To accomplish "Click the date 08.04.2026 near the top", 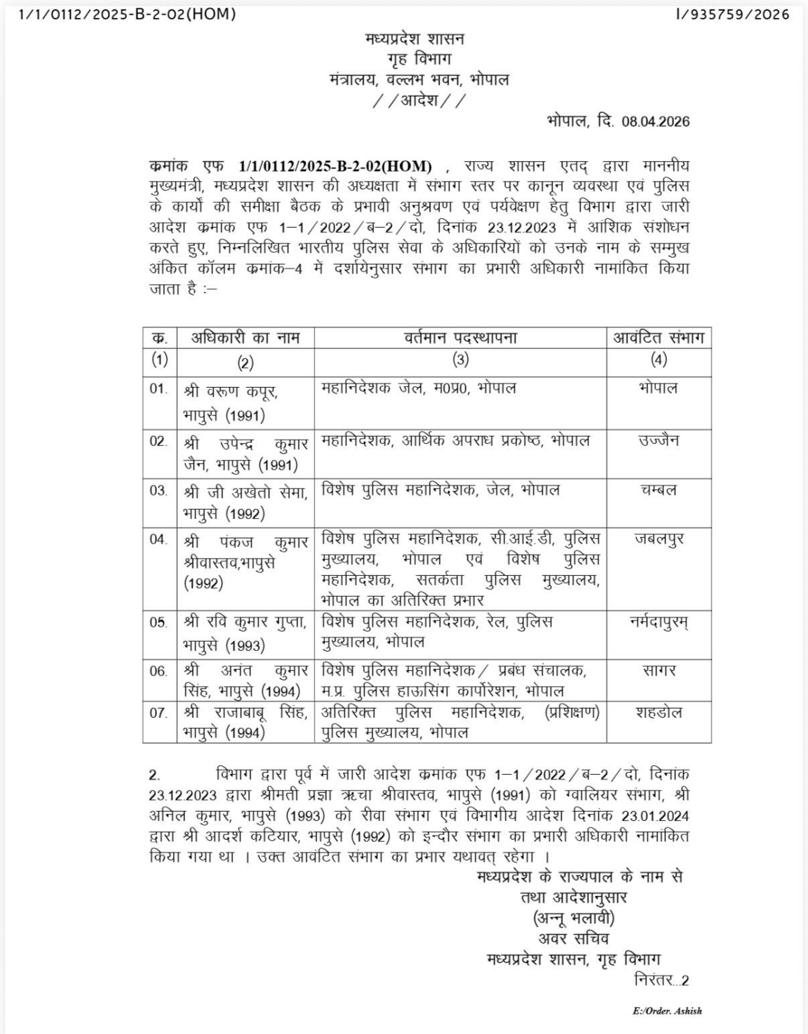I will click(655, 121).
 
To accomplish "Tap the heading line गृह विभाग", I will click(419, 60).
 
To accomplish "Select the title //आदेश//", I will click(419, 100).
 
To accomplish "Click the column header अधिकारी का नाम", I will click(246, 338).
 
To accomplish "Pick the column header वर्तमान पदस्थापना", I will click(460, 338).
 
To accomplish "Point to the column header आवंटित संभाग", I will click(659, 338).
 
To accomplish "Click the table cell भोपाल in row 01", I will click(659, 388).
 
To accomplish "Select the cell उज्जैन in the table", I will click(659, 441).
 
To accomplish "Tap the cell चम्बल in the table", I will click(659, 490).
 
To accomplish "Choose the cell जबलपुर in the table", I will click(659, 539).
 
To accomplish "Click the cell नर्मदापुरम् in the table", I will click(659, 623).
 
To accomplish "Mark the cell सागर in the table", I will click(659, 670).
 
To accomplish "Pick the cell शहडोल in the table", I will click(659, 713).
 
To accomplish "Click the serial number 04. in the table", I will click(159, 539).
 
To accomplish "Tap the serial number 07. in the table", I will click(159, 713).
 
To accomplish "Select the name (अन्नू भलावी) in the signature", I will click(574, 917).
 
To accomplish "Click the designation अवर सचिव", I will click(574, 938).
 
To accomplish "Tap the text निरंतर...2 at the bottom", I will click(661, 980).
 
